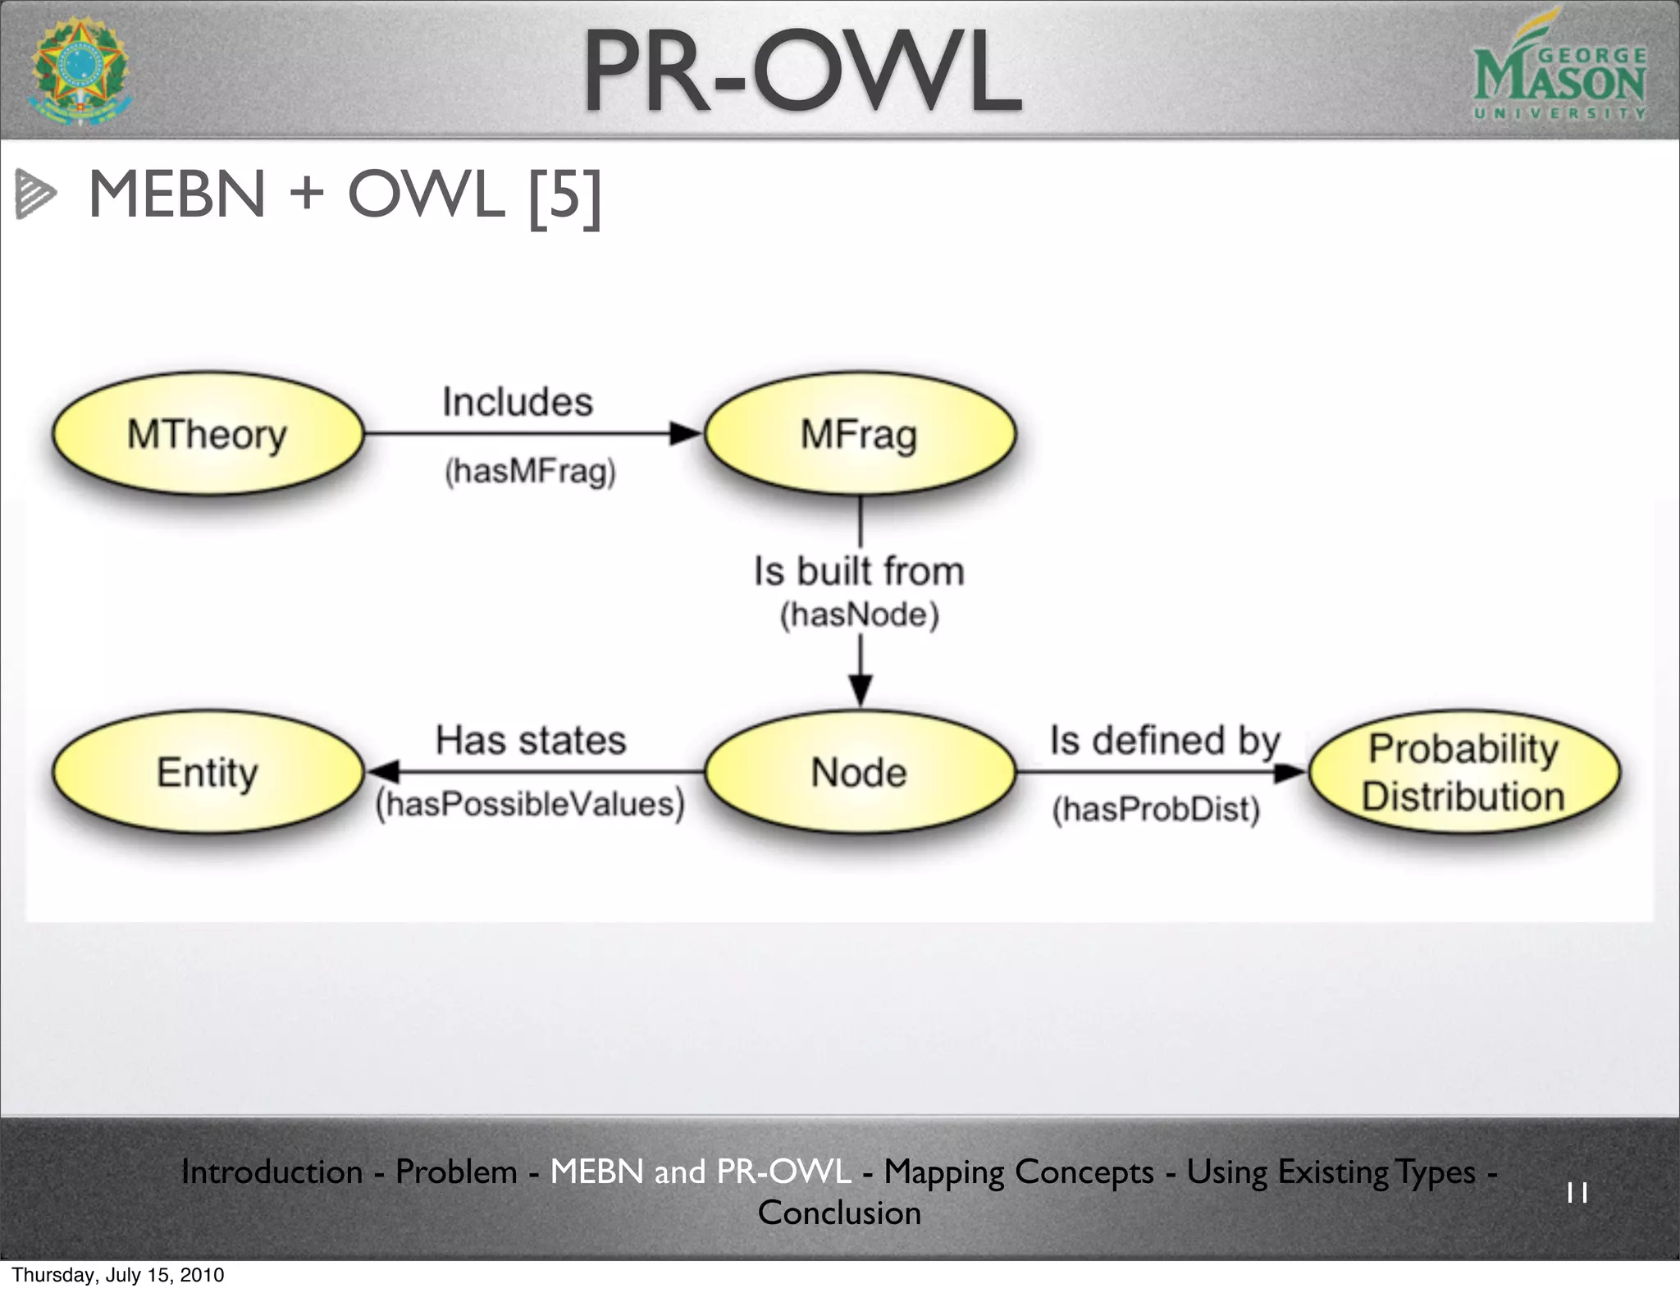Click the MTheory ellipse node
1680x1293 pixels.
(208, 433)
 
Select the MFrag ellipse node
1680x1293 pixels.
(859, 433)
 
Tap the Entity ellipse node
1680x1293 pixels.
(208, 772)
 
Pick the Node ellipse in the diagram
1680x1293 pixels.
(859, 772)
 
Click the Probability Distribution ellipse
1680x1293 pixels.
(1464, 772)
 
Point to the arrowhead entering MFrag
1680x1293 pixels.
(685, 433)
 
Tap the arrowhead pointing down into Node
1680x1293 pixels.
(860, 689)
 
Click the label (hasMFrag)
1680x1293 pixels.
(530, 472)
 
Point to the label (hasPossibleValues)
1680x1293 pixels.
(530, 804)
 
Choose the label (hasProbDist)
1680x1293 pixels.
(1156, 809)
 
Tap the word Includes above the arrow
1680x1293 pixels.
(517, 402)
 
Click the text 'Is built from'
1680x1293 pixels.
(859, 571)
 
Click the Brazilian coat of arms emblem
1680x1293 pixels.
(80, 71)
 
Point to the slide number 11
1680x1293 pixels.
(1577, 1192)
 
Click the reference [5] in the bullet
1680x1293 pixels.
(565, 197)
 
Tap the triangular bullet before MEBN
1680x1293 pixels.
(35, 194)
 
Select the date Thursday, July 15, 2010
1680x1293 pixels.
(118, 1275)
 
